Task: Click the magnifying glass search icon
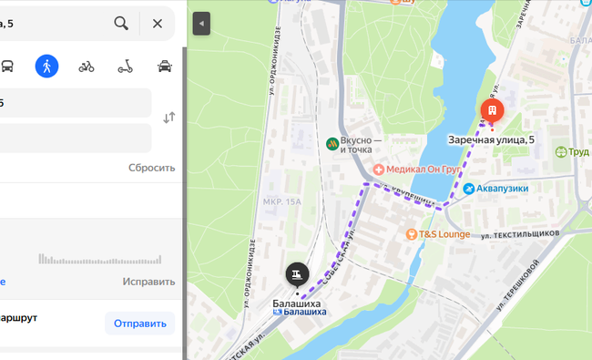tap(121, 23)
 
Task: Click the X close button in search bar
tap(158, 23)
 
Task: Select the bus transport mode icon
tap(7, 66)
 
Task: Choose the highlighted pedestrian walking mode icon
tap(46, 66)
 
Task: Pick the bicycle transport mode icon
tap(87, 66)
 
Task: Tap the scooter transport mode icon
tap(126, 66)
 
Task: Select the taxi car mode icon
tap(165, 66)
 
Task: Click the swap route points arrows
tap(168, 118)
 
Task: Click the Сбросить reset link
tap(151, 168)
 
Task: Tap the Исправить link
tap(148, 282)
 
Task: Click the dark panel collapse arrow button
tap(201, 24)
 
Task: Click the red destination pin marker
tap(492, 111)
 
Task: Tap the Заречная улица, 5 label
tap(492, 139)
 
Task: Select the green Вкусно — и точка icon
tap(332, 143)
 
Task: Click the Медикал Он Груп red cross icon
tap(378, 170)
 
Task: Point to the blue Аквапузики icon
tap(469, 189)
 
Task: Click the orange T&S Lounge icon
tap(412, 234)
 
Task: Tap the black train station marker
tap(296, 273)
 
